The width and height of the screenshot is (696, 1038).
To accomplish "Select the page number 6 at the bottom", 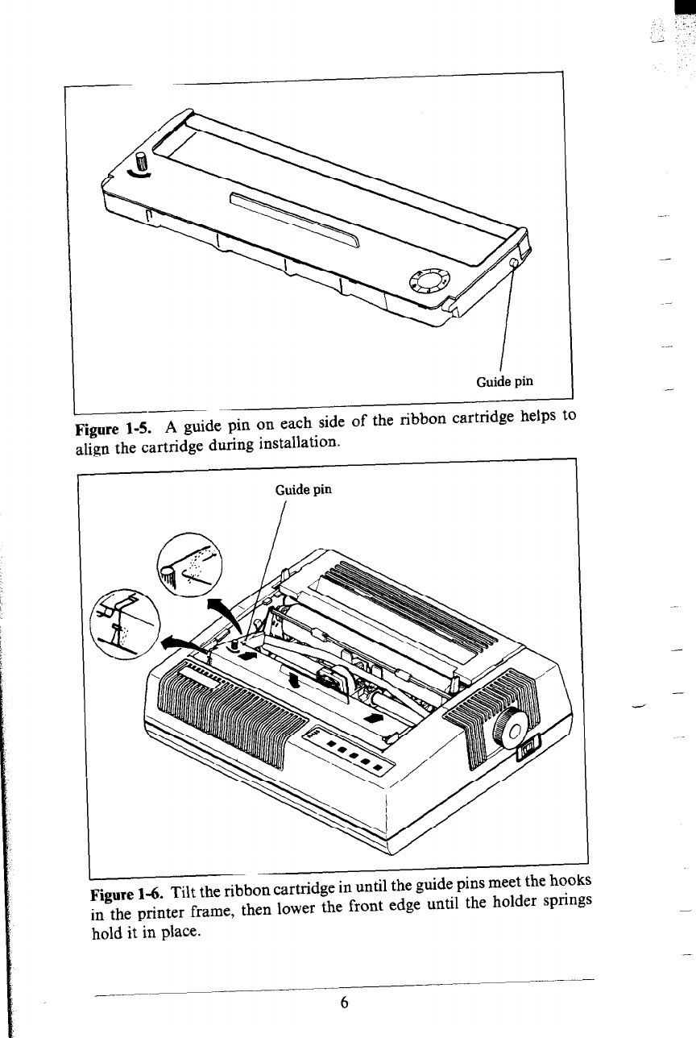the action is (344, 1003).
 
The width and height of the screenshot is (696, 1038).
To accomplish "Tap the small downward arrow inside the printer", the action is (294, 681).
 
